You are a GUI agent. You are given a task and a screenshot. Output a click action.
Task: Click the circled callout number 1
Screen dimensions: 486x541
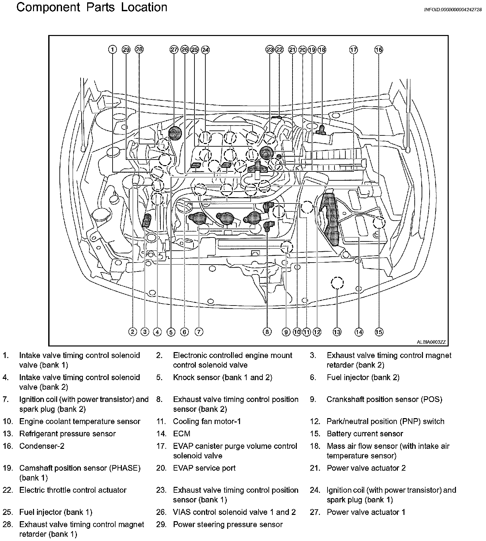113,50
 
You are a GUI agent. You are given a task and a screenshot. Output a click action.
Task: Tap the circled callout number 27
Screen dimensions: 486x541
174,50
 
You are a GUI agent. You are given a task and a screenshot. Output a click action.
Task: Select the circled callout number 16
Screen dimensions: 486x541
379,50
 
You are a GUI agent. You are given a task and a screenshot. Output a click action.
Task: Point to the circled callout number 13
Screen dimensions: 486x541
337,332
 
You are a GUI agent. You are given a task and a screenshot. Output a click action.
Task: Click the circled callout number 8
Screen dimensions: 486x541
267,332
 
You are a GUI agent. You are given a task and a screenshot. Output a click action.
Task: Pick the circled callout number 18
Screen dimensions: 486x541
322,50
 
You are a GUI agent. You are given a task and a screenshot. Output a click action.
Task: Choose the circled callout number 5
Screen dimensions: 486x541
171,332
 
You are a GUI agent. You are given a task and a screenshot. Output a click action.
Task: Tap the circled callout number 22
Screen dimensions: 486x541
279,50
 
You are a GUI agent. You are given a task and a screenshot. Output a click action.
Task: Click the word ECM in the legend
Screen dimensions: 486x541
182,434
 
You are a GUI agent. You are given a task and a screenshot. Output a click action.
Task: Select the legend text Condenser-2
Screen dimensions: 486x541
42,446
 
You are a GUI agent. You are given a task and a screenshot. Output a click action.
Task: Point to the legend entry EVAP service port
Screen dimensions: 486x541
204,468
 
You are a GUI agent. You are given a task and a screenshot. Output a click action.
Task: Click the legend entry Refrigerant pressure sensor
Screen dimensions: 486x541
68,434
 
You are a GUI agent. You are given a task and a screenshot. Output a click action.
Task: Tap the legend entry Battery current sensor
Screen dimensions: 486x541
365,434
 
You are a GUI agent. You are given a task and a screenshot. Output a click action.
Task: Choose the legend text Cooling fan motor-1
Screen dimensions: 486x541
207,421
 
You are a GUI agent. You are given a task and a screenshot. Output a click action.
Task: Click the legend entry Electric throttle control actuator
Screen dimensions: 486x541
73,490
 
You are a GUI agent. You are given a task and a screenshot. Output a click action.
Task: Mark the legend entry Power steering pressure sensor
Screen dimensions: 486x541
228,524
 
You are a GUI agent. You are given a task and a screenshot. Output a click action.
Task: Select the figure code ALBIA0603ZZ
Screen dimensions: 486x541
431,343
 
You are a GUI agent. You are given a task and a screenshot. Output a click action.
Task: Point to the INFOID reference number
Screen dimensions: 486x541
453,10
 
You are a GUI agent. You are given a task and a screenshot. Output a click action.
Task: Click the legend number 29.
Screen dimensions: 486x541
161,524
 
